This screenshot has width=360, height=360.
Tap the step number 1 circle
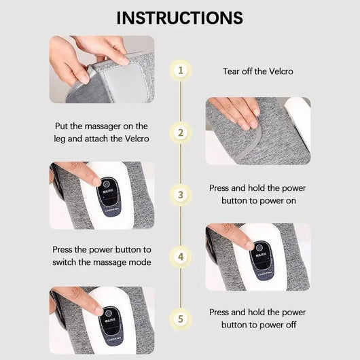(x=180, y=70)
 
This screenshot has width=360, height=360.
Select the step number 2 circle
(x=180, y=132)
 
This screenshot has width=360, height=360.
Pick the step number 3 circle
(x=180, y=194)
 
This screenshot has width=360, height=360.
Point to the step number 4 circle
(x=180, y=257)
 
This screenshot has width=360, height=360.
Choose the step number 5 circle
(x=180, y=318)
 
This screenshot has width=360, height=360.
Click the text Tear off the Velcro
(x=258, y=71)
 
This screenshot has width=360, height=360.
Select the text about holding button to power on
(x=258, y=195)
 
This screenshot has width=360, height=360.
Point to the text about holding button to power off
(x=258, y=318)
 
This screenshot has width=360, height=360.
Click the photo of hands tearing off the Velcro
(x=101, y=69)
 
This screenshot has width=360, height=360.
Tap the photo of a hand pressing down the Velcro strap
(x=258, y=131)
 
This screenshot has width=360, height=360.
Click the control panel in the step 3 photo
(x=109, y=194)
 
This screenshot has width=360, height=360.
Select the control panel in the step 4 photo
(x=260, y=257)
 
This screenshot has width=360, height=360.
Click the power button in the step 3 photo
(x=107, y=183)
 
